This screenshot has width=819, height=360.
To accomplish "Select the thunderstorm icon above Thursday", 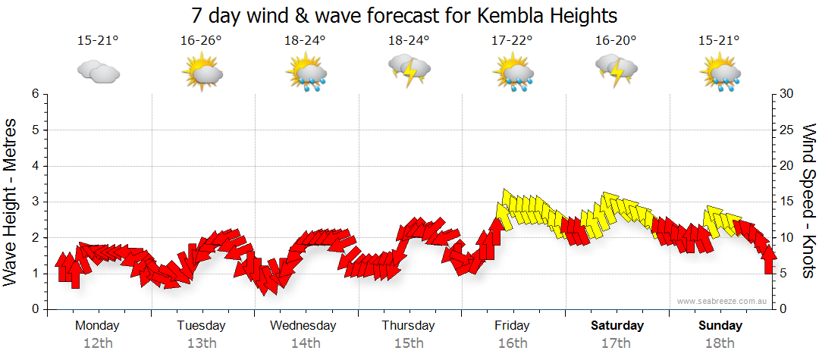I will [x=409, y=70].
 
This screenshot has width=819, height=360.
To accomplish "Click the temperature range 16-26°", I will [x=201, y=41].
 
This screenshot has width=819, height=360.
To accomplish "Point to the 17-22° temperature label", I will [x=513, y=41].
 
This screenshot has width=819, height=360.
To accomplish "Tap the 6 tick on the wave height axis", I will [x=35, y=94].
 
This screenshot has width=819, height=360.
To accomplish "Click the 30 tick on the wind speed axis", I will [x=787, y=94].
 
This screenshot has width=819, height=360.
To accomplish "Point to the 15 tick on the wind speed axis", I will [x=787, y=202].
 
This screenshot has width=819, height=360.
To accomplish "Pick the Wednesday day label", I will [x=303, y=326].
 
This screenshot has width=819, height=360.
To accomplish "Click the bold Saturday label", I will [x=617, y=326].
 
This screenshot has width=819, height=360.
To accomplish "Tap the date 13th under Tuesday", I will [x=201, y=343].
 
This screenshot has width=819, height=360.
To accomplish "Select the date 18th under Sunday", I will [x=720, y=343].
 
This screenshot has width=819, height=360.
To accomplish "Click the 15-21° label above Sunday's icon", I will [x=720, y=41].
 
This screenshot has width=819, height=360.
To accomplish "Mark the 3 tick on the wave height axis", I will [x=35, y=202].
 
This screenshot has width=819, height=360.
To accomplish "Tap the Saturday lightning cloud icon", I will [x=617, y=70].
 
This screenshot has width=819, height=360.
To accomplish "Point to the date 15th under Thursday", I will [x=409, y=343].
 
